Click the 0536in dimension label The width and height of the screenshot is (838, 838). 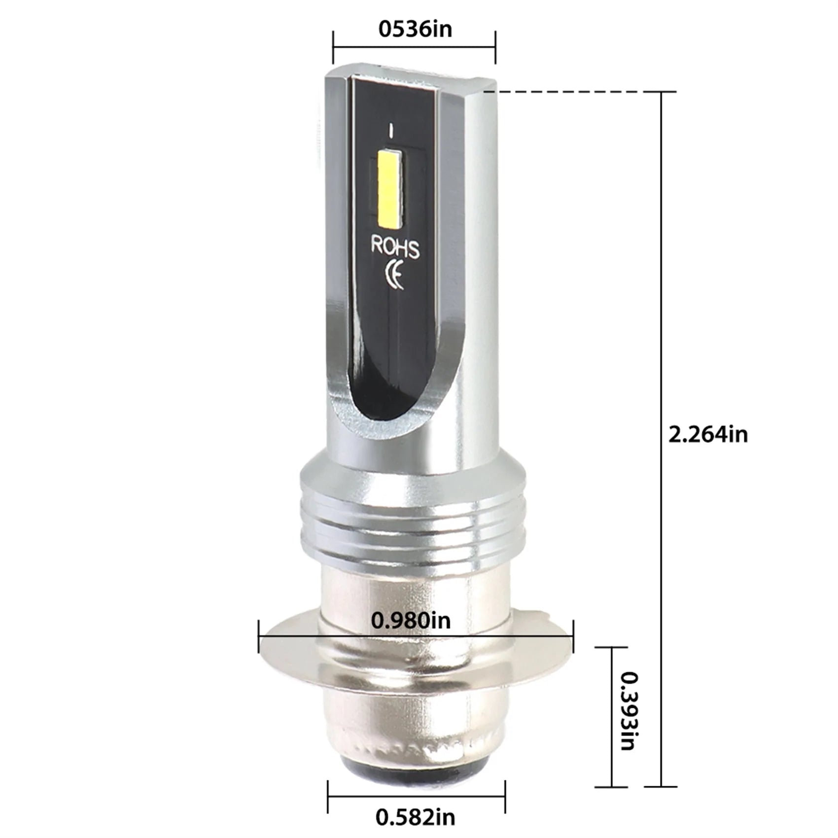(x=415, y=29)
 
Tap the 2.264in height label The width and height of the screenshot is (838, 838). (x=708, y=434)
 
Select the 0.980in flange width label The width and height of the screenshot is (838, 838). (x=411, y=620)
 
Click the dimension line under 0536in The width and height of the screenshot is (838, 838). (x=414, y=47)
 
